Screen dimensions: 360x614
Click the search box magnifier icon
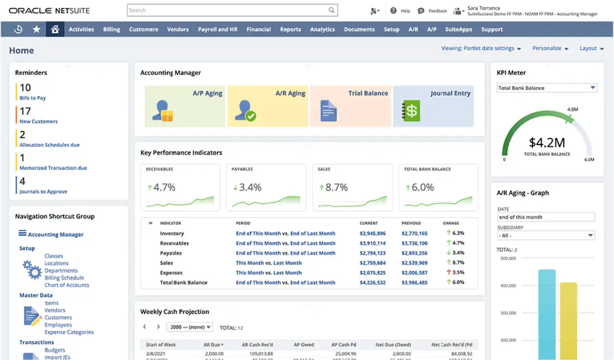pos(332,10)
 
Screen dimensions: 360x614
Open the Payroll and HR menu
pos(218,30)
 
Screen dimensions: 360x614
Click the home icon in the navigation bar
pos(55,30)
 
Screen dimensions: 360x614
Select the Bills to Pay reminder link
pos(33,98)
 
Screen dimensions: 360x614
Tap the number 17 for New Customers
pos(25,111)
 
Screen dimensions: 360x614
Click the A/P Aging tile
pos(185,106)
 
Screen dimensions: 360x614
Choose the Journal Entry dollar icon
pos(411,111)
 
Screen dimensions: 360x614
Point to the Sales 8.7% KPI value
pos(336,188)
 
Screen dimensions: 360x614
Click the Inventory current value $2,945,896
pos(372,233)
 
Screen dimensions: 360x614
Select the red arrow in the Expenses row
pos(448,272)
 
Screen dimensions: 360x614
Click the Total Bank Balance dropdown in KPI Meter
pos(546,88)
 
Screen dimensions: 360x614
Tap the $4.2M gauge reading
pos(547,142)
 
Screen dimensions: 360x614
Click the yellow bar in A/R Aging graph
pos(568,321)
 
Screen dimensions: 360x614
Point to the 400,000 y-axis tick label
pos(508,286)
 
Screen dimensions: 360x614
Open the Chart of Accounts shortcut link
pos(67,285)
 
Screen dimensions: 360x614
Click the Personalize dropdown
pos(550,49)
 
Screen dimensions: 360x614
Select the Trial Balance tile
pos(351,106)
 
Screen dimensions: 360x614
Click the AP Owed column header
pos(304,345)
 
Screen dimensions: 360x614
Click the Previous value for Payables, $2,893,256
pos(415,253)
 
